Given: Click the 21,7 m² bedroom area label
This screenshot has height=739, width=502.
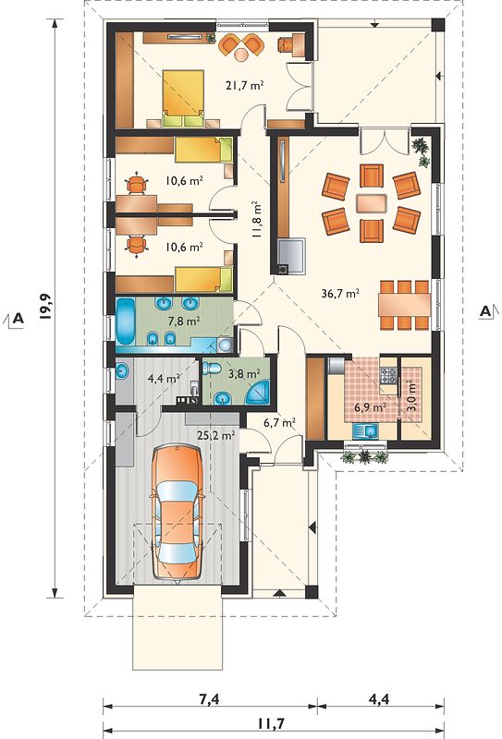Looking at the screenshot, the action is [244, 86].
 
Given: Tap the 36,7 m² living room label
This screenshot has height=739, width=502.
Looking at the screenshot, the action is [340, 294].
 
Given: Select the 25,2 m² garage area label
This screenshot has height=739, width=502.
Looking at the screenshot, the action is [216, 435].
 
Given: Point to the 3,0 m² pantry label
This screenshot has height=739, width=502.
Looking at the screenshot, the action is [412, 396].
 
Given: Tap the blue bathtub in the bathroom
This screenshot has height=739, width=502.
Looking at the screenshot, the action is [125, 321].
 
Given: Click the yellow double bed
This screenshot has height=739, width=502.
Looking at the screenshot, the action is [183, 99].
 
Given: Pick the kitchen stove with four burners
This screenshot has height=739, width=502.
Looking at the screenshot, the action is [389, 375].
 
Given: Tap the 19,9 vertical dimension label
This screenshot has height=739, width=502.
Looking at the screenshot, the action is [45, 307].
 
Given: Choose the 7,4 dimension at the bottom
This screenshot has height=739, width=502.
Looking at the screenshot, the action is [209, 699].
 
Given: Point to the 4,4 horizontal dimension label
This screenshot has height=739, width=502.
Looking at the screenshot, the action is [379, 698].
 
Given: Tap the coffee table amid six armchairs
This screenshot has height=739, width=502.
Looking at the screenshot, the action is [371, 203].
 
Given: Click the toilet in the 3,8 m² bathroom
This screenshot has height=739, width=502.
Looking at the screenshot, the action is [212, 368].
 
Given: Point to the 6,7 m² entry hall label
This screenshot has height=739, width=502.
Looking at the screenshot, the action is [280, 422].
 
